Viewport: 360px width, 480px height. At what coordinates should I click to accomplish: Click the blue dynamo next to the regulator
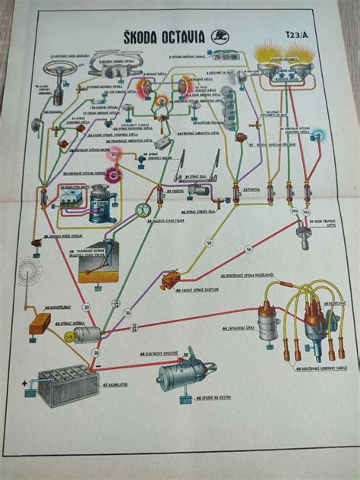point(98,206)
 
